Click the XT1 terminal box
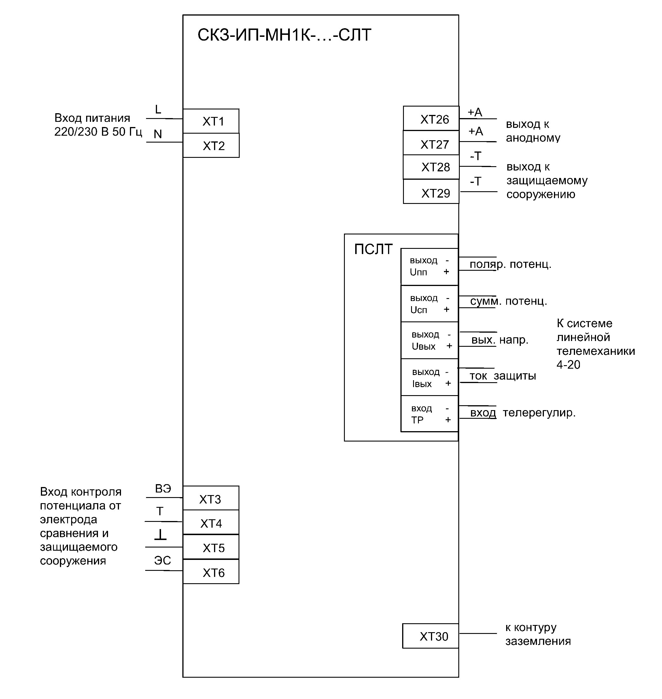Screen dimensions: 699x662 [211, 121]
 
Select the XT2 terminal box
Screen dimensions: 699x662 [211, 145]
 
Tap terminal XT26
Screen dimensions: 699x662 [431, 119]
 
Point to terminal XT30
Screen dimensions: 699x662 [430, 636]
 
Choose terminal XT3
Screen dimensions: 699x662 [211, 499]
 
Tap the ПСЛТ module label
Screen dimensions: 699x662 [373, 249]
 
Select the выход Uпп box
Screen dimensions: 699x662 [430, 267]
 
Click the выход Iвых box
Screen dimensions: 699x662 [430, 378]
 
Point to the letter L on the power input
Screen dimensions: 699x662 [158, 110]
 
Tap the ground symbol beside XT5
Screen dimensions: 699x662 [160, 535]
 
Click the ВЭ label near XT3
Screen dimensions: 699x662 [163, 489]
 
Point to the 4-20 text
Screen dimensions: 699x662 [568, 365]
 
